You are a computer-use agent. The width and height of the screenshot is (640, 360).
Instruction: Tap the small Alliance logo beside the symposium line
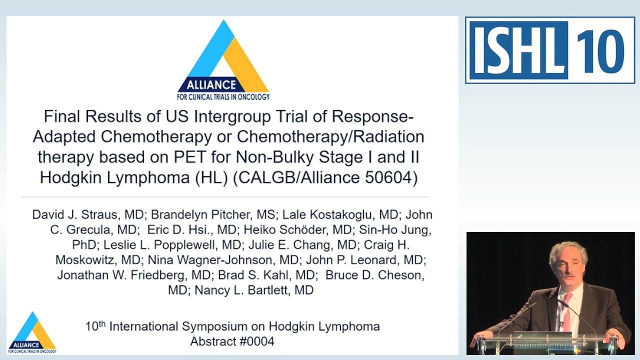click(32, 333)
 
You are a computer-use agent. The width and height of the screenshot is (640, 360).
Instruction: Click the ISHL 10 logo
click(550, 50)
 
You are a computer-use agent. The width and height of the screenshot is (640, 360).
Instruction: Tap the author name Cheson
click(399, 275)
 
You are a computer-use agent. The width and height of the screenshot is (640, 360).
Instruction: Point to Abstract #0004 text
click(232, 341)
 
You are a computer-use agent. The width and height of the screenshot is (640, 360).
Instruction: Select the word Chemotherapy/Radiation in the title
click(330, 136)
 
